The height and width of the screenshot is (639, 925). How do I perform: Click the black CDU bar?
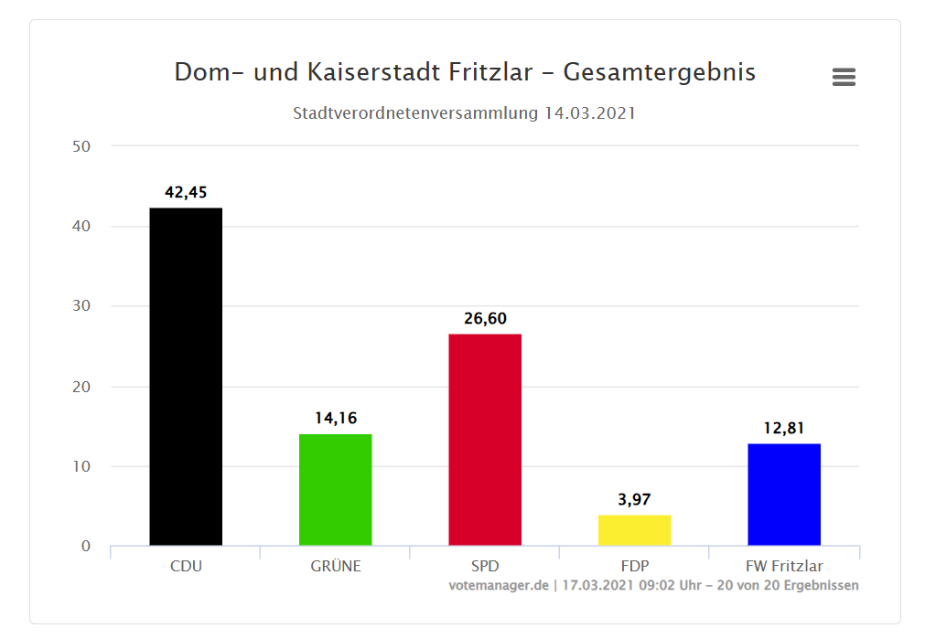186,377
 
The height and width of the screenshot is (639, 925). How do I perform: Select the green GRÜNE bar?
335,490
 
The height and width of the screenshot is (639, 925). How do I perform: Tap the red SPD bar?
485,440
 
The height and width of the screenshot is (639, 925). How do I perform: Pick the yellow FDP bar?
634,530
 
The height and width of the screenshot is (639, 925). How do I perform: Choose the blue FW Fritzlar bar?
784,495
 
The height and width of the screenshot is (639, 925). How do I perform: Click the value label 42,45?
186,192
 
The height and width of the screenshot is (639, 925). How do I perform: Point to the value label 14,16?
335,418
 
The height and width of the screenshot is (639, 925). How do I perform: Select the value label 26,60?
485,318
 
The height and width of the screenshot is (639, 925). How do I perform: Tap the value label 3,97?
634,499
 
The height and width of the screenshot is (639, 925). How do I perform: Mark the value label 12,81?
784,428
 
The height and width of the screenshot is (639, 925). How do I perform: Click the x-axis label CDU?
186,566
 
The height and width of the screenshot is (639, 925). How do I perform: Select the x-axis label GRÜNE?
335,566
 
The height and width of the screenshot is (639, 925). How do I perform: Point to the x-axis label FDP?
634,566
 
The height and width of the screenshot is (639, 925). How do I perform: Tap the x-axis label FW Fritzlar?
784,566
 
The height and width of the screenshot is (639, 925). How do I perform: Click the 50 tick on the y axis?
81,146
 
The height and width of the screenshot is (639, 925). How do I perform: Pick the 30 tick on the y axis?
81,306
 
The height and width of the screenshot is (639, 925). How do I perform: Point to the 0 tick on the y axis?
86,547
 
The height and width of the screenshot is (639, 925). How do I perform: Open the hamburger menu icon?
844,78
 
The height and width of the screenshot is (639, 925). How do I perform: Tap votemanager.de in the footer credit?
498,585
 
